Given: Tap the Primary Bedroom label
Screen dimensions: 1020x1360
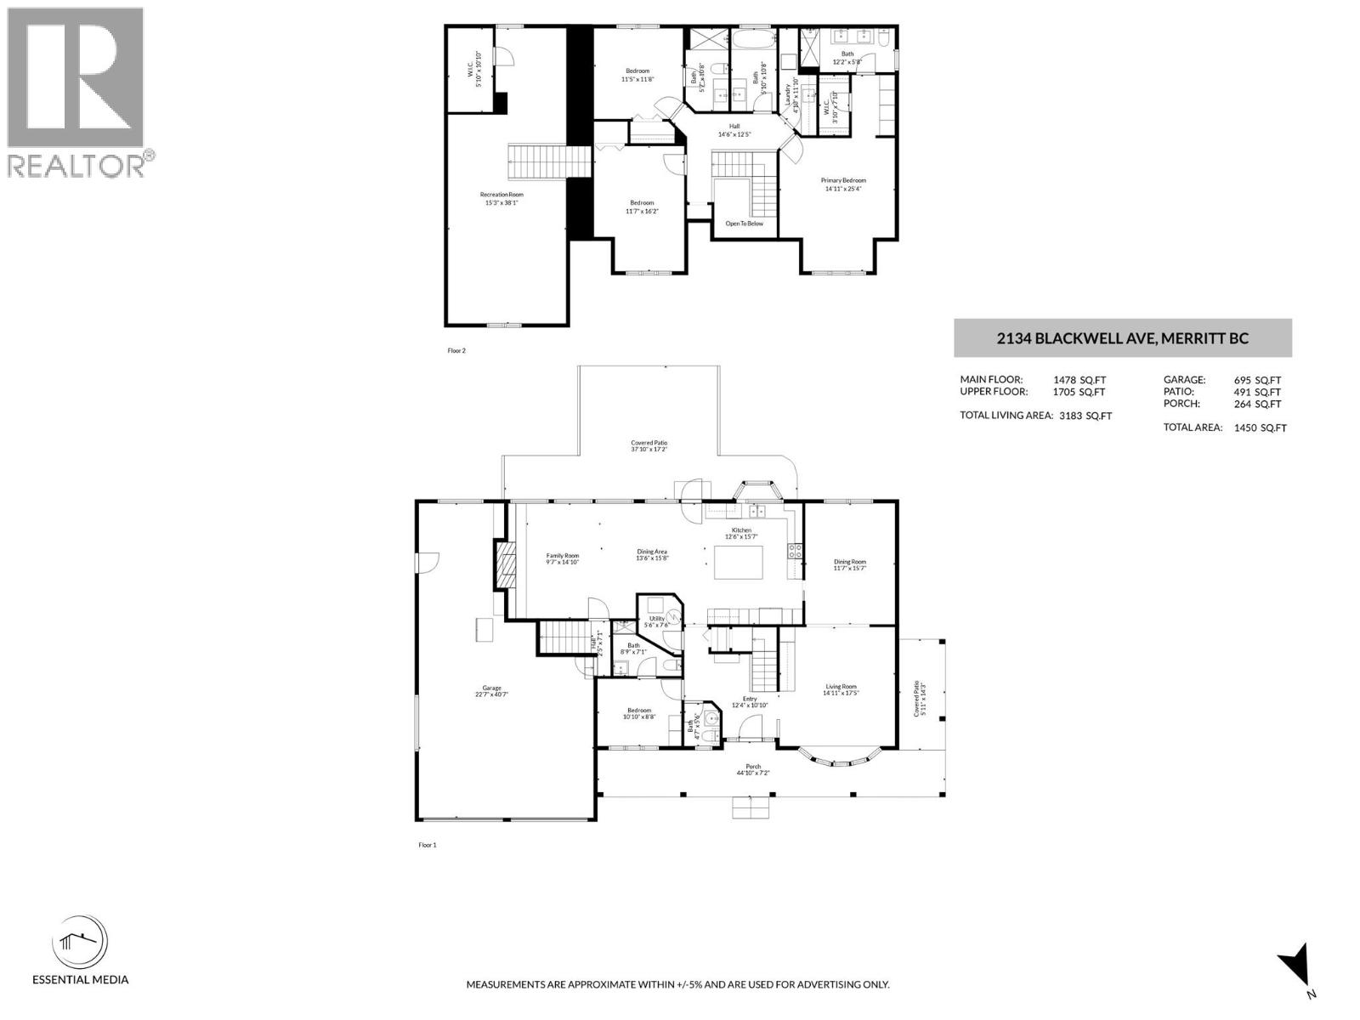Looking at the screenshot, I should [x=843, y=180].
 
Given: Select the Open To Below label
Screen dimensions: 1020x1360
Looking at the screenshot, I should [x=744, y=224].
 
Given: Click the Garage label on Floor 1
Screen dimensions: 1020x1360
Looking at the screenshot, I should [x=492, y=688].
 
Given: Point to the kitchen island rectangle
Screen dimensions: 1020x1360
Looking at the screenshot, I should [x=738, y=562].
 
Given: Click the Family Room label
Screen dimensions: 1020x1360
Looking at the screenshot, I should [x=562, y=556].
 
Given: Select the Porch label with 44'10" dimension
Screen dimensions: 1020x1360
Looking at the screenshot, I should [x=753, y=767].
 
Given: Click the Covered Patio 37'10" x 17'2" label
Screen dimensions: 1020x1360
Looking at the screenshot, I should [x=649, y=443].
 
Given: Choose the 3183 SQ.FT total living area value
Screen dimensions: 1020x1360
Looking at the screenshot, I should [x=1085, y=416].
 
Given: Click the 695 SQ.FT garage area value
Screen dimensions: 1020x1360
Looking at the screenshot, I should [x=1257, y=381].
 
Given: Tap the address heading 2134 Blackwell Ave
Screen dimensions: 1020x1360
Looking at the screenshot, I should [x=1122, y=338].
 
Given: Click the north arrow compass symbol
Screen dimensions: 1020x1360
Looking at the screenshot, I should [x=1298, y=966].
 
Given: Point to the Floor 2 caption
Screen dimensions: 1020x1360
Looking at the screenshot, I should [x=457, y=350].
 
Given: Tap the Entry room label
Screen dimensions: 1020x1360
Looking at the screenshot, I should [x=749, y=699].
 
